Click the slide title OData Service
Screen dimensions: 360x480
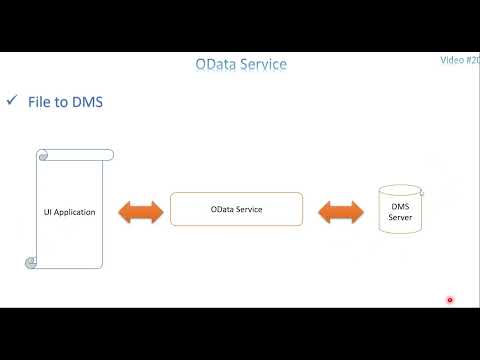[x=240, y=65]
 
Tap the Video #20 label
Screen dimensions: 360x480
[x=459, y=60]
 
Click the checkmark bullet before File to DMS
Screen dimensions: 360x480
[x=13, y=101]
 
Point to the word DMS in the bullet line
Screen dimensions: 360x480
[x=86, y=101]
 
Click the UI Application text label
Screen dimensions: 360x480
[x=69, y=212]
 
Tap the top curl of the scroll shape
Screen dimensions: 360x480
[x=44, y=154]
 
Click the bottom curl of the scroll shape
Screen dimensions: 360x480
[x=31, y=263]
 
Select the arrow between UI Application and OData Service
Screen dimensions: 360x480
[x=139, y=211]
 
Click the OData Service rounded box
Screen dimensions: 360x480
[x=236, y=209]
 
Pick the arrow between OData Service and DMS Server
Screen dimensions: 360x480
[x=340, y=211]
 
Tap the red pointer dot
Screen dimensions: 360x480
[x=450, y=300]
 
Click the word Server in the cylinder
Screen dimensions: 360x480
[x=400, y=218]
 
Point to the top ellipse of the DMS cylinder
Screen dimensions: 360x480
[x=399, y=188]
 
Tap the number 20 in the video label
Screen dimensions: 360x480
[x=474, y=60]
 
